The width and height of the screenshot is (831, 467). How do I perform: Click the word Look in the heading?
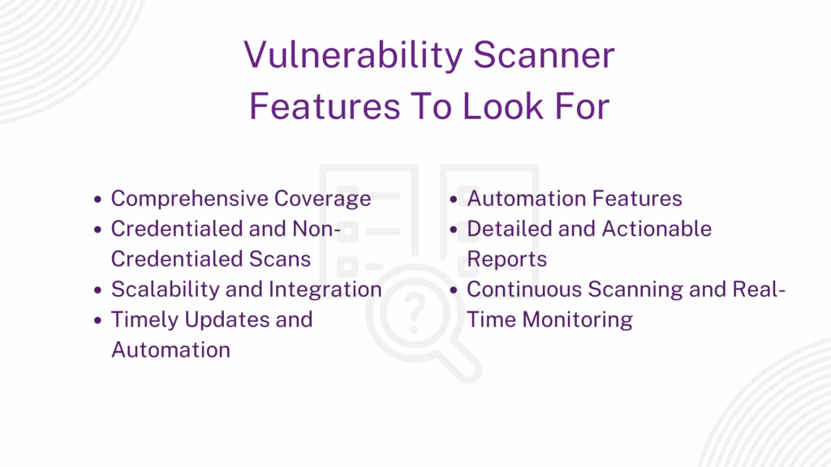click(504, 106)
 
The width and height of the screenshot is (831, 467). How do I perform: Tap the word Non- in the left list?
click(316, 229)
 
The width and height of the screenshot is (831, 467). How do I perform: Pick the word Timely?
click(145, 319)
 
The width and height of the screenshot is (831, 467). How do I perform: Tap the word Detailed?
click(510, 229)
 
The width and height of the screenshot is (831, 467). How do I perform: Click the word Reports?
click(506, 259)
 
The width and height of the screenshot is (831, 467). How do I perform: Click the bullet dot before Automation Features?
click(454, 199)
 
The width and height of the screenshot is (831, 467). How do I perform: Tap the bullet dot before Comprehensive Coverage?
click(98, 199)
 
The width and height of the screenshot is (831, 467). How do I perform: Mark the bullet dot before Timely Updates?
click(98, 320)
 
